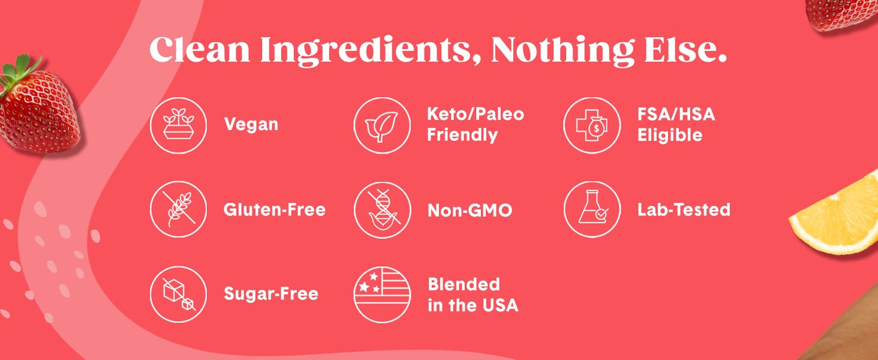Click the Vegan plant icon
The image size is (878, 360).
pyautogui.click(x=178, y=125)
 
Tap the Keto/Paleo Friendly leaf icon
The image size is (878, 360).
pyautogui.click(x=382, y=125)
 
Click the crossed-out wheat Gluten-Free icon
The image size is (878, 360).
pyautogui.click(x=178, y=210)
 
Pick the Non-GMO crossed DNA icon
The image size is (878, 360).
pyautogui.click(x=382, y=210)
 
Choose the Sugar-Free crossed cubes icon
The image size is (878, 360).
pyautogui.click(x=178, y=295)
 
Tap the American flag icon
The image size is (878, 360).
pyautogui.click(x=382, y=295)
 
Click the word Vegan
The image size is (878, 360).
pyautogui.click(x=251, y=125)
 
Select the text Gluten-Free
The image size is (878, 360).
pyautogui.click(x=274, y=210)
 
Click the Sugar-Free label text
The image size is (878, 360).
pyautogui.click(x=270, y=295)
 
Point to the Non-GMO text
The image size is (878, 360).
pyautogui.click(x=470, y=210)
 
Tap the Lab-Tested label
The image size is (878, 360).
pyautogui.click(x=684, y=210)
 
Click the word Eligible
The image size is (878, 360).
pyautogui.click(x=669, y=136)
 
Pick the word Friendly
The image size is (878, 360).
pyautogui.click(x=462, y=135)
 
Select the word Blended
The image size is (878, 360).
pyautogui.click(x=464, y=284)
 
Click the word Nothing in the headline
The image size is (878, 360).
pyautogui.click(x=562, y=50)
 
